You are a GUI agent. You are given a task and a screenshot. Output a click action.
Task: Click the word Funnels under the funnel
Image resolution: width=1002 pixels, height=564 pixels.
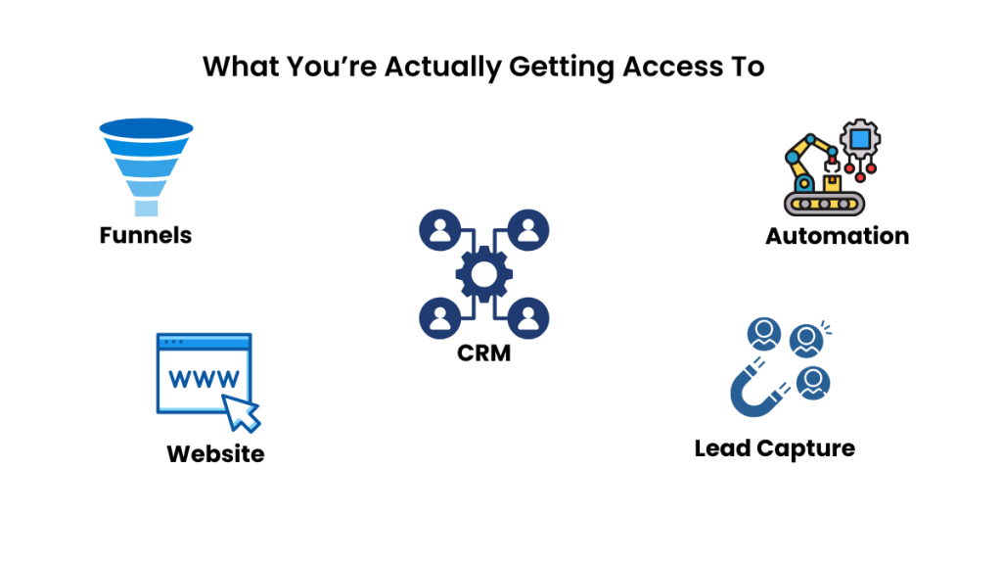point(146,235)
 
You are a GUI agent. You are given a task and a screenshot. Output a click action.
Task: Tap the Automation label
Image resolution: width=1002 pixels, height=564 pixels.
point(837,236)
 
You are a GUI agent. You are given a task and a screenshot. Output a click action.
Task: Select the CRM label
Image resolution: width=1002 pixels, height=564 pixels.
point(484,352)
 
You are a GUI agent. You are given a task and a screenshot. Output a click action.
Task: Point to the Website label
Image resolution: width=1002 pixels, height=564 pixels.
point(215,454)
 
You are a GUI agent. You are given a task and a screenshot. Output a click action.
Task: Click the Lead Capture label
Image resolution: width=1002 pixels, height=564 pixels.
point(774,448)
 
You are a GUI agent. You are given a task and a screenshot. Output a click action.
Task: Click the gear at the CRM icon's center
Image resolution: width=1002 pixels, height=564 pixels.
point(484,274)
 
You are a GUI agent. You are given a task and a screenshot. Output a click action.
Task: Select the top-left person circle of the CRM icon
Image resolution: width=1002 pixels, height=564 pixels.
point(439,231)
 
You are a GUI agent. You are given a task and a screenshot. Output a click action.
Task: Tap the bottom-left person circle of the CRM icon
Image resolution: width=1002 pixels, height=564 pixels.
point(439,317)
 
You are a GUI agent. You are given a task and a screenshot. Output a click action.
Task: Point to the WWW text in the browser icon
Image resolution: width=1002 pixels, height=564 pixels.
point(203,377)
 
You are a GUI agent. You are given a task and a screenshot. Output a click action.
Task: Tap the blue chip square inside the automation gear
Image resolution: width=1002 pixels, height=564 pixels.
point(860,138)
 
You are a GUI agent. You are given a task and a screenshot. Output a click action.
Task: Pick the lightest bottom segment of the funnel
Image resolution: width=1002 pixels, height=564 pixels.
point(146,208)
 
